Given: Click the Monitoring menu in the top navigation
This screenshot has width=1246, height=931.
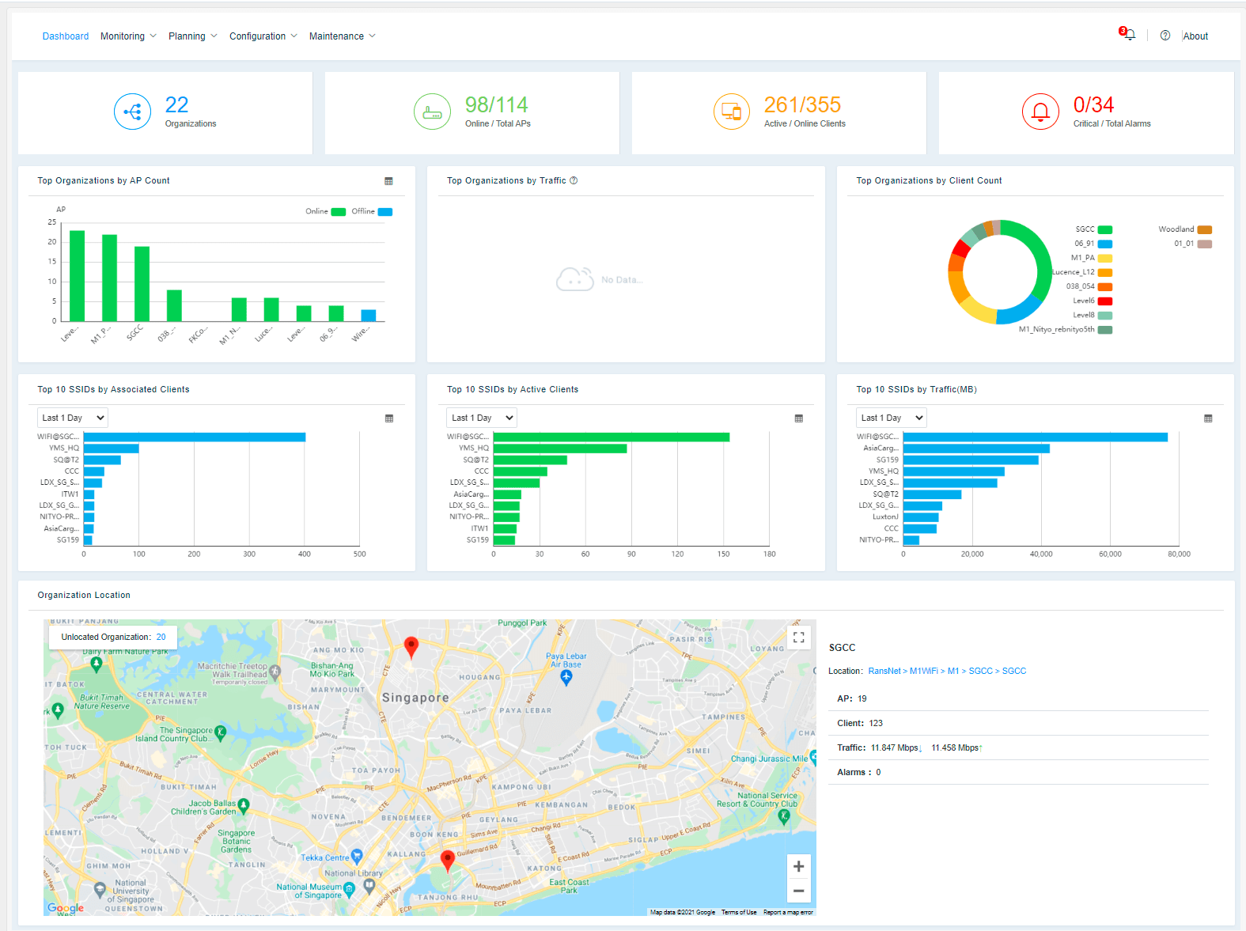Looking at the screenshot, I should click(x=123, y=36).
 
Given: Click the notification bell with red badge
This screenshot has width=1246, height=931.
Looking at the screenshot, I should click(x=1129, y=35).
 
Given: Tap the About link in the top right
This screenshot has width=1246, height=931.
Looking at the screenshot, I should click(x=1195, y=36).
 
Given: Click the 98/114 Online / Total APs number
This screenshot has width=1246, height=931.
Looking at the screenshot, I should click(x=496, y=104).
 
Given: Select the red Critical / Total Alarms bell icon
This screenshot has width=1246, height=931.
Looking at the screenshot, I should click(x=1040, y=112).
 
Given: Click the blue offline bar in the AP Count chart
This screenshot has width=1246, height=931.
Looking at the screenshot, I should click(x=368, y=315).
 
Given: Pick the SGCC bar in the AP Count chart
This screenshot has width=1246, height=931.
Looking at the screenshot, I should click(x=142, y=283).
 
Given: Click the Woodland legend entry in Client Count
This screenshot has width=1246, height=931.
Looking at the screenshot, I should click(x=1184, y=229).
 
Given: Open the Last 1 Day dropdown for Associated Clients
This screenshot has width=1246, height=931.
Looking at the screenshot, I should click(x=73, y=418).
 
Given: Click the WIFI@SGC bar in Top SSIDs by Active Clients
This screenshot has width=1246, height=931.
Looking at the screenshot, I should click(x=611, y=437).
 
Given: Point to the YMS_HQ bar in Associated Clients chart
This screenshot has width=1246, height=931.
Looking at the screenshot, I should click(x=111, y=448).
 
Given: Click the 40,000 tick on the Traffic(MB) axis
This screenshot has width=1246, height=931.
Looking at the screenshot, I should click(x=1041, y=554).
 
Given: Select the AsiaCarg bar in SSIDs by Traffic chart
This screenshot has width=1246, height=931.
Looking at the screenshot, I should click(x=975, y=448).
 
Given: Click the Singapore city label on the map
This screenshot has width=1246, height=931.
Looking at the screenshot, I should click(x=415, y=698).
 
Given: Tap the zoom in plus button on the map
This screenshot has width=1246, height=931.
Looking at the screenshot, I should click(x=798, y=866).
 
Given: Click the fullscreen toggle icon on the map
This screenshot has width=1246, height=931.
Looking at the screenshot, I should click(x=798, y=637).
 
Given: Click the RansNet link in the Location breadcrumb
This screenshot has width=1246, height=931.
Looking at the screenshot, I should click(x=884, y=671).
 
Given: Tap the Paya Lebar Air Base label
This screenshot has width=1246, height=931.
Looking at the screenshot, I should click(x=566, y=660).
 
